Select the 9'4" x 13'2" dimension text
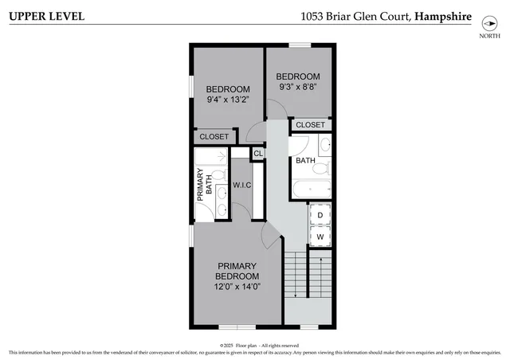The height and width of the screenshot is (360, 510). tap(228, 100)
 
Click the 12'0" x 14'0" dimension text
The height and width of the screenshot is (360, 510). tap(236, 287)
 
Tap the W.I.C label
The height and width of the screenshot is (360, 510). tap(242, 186)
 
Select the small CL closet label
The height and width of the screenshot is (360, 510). tap(258, 154)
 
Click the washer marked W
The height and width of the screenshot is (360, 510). tap(320, 237)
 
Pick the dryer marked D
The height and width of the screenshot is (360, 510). tap(320, 215)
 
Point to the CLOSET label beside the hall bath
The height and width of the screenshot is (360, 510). tap(310, 125)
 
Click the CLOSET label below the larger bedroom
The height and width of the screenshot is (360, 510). tap(214, 137)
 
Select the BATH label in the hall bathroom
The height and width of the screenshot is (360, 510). tap(306, 161)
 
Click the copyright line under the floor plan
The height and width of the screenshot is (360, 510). tap(255, 345)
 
